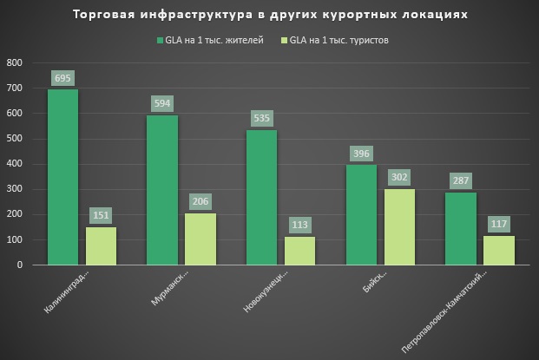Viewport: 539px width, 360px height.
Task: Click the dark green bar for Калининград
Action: click(62, 177)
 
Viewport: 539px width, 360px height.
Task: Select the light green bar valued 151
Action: click(101, 245)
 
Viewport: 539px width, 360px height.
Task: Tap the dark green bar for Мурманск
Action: click(161, 190)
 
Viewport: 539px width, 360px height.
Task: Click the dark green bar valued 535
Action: click(261, 197)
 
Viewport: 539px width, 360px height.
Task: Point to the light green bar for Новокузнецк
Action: click(299, 251)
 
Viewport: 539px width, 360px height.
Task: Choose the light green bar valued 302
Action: click(399, 226)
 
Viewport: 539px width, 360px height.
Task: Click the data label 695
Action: click(62, 78)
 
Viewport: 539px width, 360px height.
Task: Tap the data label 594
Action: click(161, 103)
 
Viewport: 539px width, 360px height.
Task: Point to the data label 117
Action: click(499, 224)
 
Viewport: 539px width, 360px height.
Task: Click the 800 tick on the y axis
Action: click(15, 63)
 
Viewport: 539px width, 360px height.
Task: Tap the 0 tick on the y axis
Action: click(20, 265)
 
